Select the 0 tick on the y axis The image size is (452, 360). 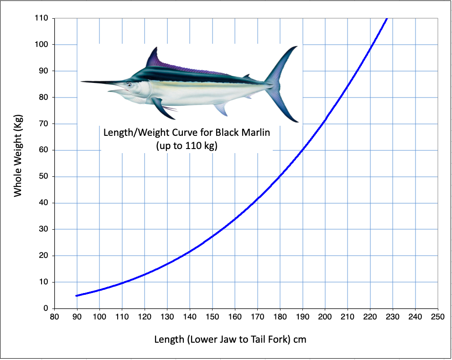pyautogui.click(x=46, y=309)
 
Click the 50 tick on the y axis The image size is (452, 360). pyautogui.click(x=44, y=177)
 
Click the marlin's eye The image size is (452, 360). pyautogui.click(x=130, y=85)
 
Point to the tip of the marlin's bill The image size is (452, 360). pyautogui.click(x=82, y=82)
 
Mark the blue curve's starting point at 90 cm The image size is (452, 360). pyautogui.click(x=77, y=296)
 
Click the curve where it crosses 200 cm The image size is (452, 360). pyautogui.click(x=325, y=121)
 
